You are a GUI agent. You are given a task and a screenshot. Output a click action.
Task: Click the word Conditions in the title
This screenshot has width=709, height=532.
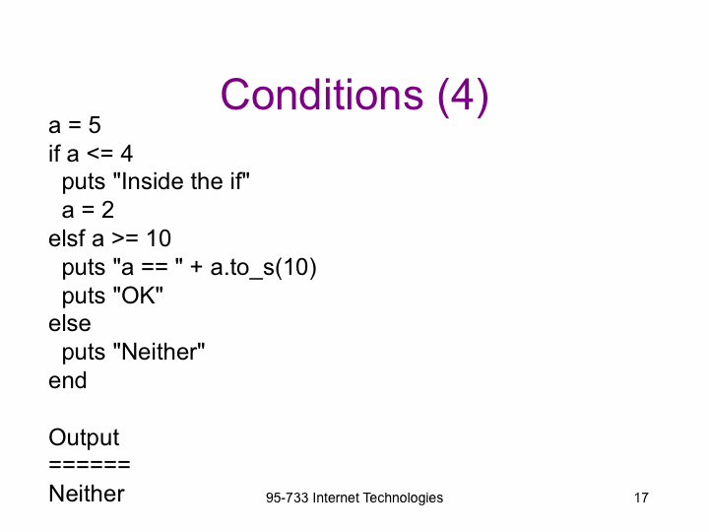point(322,95)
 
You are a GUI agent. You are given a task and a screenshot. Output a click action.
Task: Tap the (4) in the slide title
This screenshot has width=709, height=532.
point(463,97)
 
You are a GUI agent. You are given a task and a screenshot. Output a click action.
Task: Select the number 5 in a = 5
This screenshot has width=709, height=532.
point(95,125)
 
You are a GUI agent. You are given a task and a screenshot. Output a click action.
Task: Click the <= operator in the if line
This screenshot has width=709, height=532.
point(99,154)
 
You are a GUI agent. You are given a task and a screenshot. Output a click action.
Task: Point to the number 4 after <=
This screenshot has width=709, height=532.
point(127,154)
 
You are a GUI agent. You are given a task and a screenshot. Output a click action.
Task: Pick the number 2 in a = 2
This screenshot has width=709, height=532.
point(107,210)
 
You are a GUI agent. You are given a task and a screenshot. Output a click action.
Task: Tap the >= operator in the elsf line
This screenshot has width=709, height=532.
point(125,238)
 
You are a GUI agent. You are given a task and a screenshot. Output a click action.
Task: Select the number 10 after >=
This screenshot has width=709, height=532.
point(159,238)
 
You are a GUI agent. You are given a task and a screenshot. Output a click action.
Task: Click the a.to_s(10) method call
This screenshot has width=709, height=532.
point(263,267)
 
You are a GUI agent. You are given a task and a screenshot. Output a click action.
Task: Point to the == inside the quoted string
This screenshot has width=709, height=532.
point(155,267)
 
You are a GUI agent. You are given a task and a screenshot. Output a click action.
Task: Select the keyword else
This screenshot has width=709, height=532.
point(70,323)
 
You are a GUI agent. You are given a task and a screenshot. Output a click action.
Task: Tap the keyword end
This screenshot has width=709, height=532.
point(67,380)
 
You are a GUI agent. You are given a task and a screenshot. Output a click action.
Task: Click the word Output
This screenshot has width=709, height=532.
point(84,437)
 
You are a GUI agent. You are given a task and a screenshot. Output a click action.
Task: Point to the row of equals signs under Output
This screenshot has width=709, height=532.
point(90,465)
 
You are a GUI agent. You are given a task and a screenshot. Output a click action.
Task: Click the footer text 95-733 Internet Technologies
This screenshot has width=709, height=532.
point(354,498)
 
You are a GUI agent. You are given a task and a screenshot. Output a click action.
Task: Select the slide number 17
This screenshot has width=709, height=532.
point(641,498)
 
